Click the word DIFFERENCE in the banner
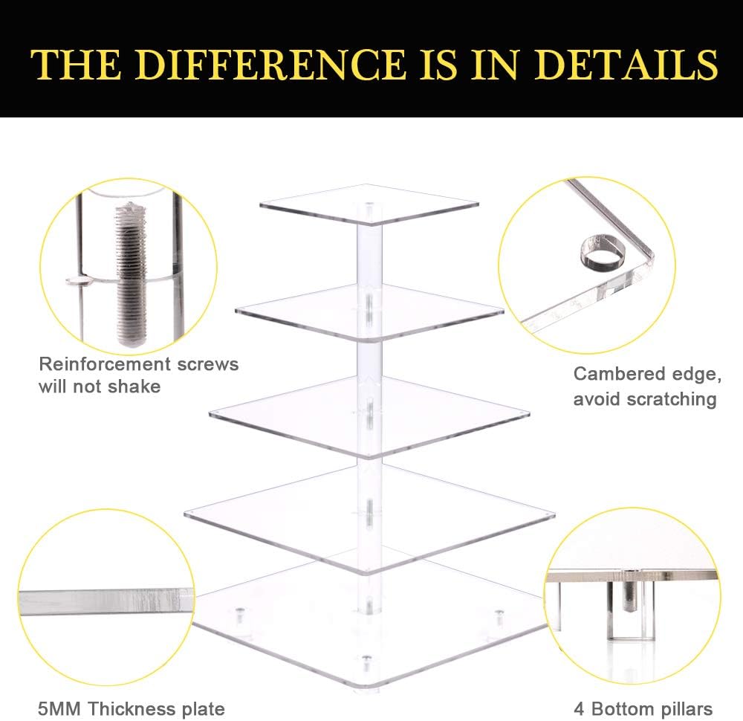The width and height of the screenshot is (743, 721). [270, 64]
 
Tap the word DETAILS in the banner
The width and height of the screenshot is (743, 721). [626, 64]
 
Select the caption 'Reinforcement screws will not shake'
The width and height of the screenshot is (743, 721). [139, 375]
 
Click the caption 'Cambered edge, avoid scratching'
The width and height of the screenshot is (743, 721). [647, 387]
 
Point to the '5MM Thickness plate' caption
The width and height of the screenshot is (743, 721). [132, 708]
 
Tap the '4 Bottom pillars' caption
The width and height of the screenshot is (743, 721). [643, 708]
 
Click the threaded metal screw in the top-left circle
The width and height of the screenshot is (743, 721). [130, 274]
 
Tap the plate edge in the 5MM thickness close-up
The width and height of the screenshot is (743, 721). [106, 601]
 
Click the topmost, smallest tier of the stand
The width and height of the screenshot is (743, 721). [369, 204]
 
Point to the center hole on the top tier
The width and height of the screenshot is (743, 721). [369, 205]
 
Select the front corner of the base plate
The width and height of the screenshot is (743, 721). [369, 687]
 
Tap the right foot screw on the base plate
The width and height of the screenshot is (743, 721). [499, 617]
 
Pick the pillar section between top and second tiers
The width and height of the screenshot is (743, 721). [369, 254]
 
